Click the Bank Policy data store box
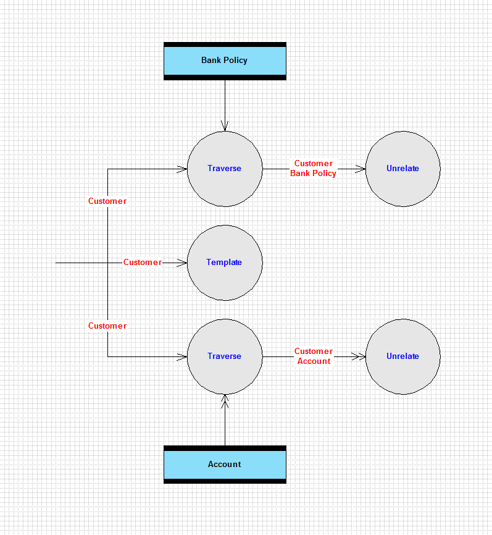(x=225, y=61)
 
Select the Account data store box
(x=225, y=465)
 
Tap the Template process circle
(x=225, y=263)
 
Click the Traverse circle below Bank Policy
(x=225, y=169)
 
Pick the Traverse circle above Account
(x=225, y=356)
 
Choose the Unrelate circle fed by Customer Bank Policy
(x=402, y=169)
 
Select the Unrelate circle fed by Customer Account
(x=402, y=356)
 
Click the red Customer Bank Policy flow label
(x=314, y=169)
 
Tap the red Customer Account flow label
(x=314, y=356)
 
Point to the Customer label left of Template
(x=143, y=263)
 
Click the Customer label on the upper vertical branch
(x=107, y=201)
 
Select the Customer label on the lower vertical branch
(x=107, y=326)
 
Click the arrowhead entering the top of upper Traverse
(x=225, y=126)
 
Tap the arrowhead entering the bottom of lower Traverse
(x=225, y=400)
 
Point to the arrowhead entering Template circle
(x=182, y=263)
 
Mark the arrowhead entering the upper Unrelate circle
(x=360, y=169)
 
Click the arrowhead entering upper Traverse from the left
(x=182, y=169)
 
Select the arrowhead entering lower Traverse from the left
(x=182, y=356)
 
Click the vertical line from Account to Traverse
(x=225, y=420)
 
